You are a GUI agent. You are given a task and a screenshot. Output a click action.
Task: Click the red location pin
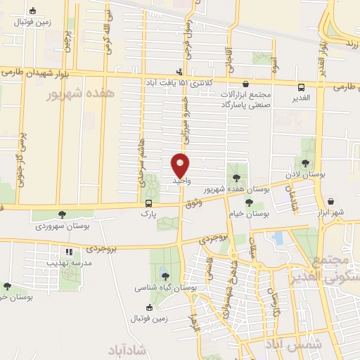[x=181, y=165]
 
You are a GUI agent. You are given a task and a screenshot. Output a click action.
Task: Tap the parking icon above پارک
[x=148, y=203]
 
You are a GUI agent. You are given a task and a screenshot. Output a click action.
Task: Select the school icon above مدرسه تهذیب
[x=68, y=252]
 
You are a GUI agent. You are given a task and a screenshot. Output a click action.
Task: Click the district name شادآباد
[x=127, y=349]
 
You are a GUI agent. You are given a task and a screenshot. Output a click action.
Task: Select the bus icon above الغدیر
[x=302, y=88]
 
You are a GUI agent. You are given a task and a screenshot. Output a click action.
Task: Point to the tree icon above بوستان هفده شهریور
[x=233, y=176]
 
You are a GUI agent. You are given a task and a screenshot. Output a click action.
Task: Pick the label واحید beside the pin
[x=183, y=181]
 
